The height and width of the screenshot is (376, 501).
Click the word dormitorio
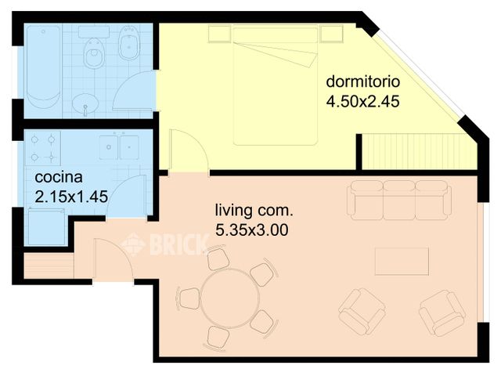tap(363, 81)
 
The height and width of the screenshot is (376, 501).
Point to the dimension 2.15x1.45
tap(71, 196)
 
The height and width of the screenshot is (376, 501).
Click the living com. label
tap(254, 211)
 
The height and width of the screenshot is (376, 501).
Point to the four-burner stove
tap(44, 147)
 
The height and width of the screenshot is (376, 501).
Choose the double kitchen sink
tap(119, 146)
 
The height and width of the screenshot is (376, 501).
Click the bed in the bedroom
tap(275, 86)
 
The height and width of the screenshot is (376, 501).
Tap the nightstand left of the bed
tap(219, 34)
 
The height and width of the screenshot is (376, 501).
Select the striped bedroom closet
tap(420, 151)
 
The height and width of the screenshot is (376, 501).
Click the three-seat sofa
tap(399, 201)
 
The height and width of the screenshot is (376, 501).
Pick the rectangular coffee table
tap(402, 261)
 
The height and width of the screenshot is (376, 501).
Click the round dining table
tap(225, 298)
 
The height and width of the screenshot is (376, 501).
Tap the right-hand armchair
tap(442, 312)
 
